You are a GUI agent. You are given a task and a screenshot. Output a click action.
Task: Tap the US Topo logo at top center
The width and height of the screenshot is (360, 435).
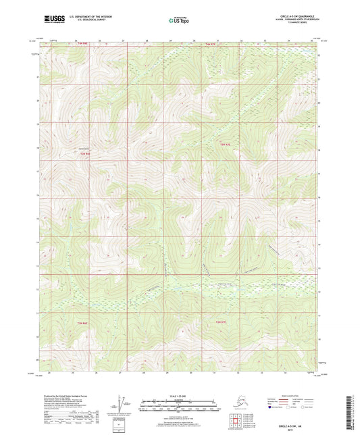click(179, 21)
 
